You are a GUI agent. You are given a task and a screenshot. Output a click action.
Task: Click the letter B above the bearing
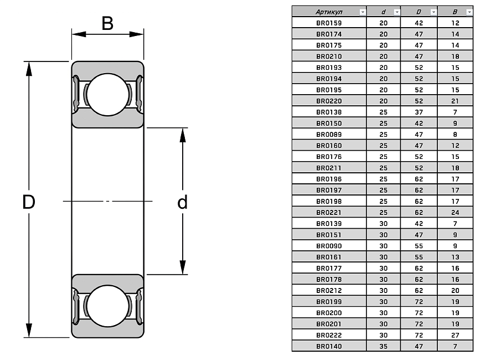coord(107,23)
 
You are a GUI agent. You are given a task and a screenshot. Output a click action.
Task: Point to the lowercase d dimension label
coord(182,202)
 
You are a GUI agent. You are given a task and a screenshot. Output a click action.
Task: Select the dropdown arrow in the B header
coord(469,12)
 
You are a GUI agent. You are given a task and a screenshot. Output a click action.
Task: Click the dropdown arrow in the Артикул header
coord(363,12)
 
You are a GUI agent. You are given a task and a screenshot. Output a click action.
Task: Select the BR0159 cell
coord(329,23)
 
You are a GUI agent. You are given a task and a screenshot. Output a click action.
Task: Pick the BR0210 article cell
coord(329,56)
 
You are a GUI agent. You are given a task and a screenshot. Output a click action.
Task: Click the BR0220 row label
coord(329,101)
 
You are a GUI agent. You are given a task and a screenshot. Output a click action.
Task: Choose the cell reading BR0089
coord(329,134)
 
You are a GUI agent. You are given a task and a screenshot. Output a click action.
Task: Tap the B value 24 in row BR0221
coord(455,212)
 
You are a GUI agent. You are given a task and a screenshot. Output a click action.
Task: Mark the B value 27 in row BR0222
coord(455,335)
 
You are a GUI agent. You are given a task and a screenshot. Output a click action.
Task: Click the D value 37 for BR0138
coord(419,112)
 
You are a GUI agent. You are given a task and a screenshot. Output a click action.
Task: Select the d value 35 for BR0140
coord(383,347)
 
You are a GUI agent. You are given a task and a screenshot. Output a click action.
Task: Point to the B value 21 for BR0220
coord(455,101)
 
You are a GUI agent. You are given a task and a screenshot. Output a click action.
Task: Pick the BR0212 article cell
coord(329,290)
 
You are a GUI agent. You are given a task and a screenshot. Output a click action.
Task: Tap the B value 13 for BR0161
coord(455,257)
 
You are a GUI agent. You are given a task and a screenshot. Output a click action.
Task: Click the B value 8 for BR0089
coord(455,134)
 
